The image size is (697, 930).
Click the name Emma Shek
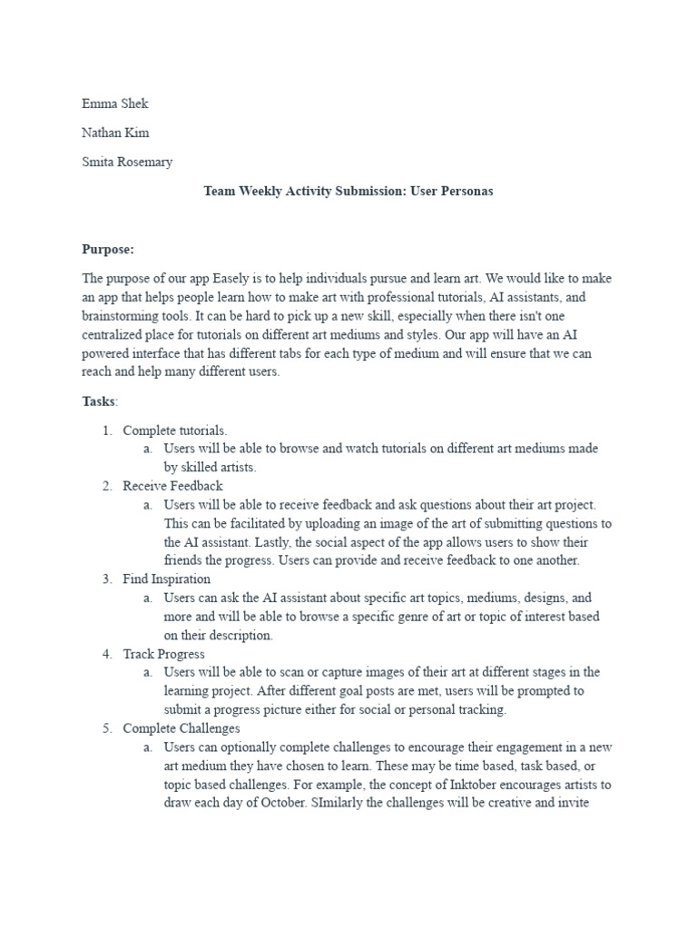[114, 104]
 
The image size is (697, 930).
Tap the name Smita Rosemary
[127, 162]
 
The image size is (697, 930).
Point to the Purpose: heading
[108, 249]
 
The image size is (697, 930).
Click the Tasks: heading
[100, 401]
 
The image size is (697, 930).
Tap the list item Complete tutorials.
[175, 430]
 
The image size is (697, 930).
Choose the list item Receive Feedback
[172, 486]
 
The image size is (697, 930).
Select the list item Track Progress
[163, 653]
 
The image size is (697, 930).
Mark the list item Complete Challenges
[182, 727]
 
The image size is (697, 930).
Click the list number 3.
[106, 579]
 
